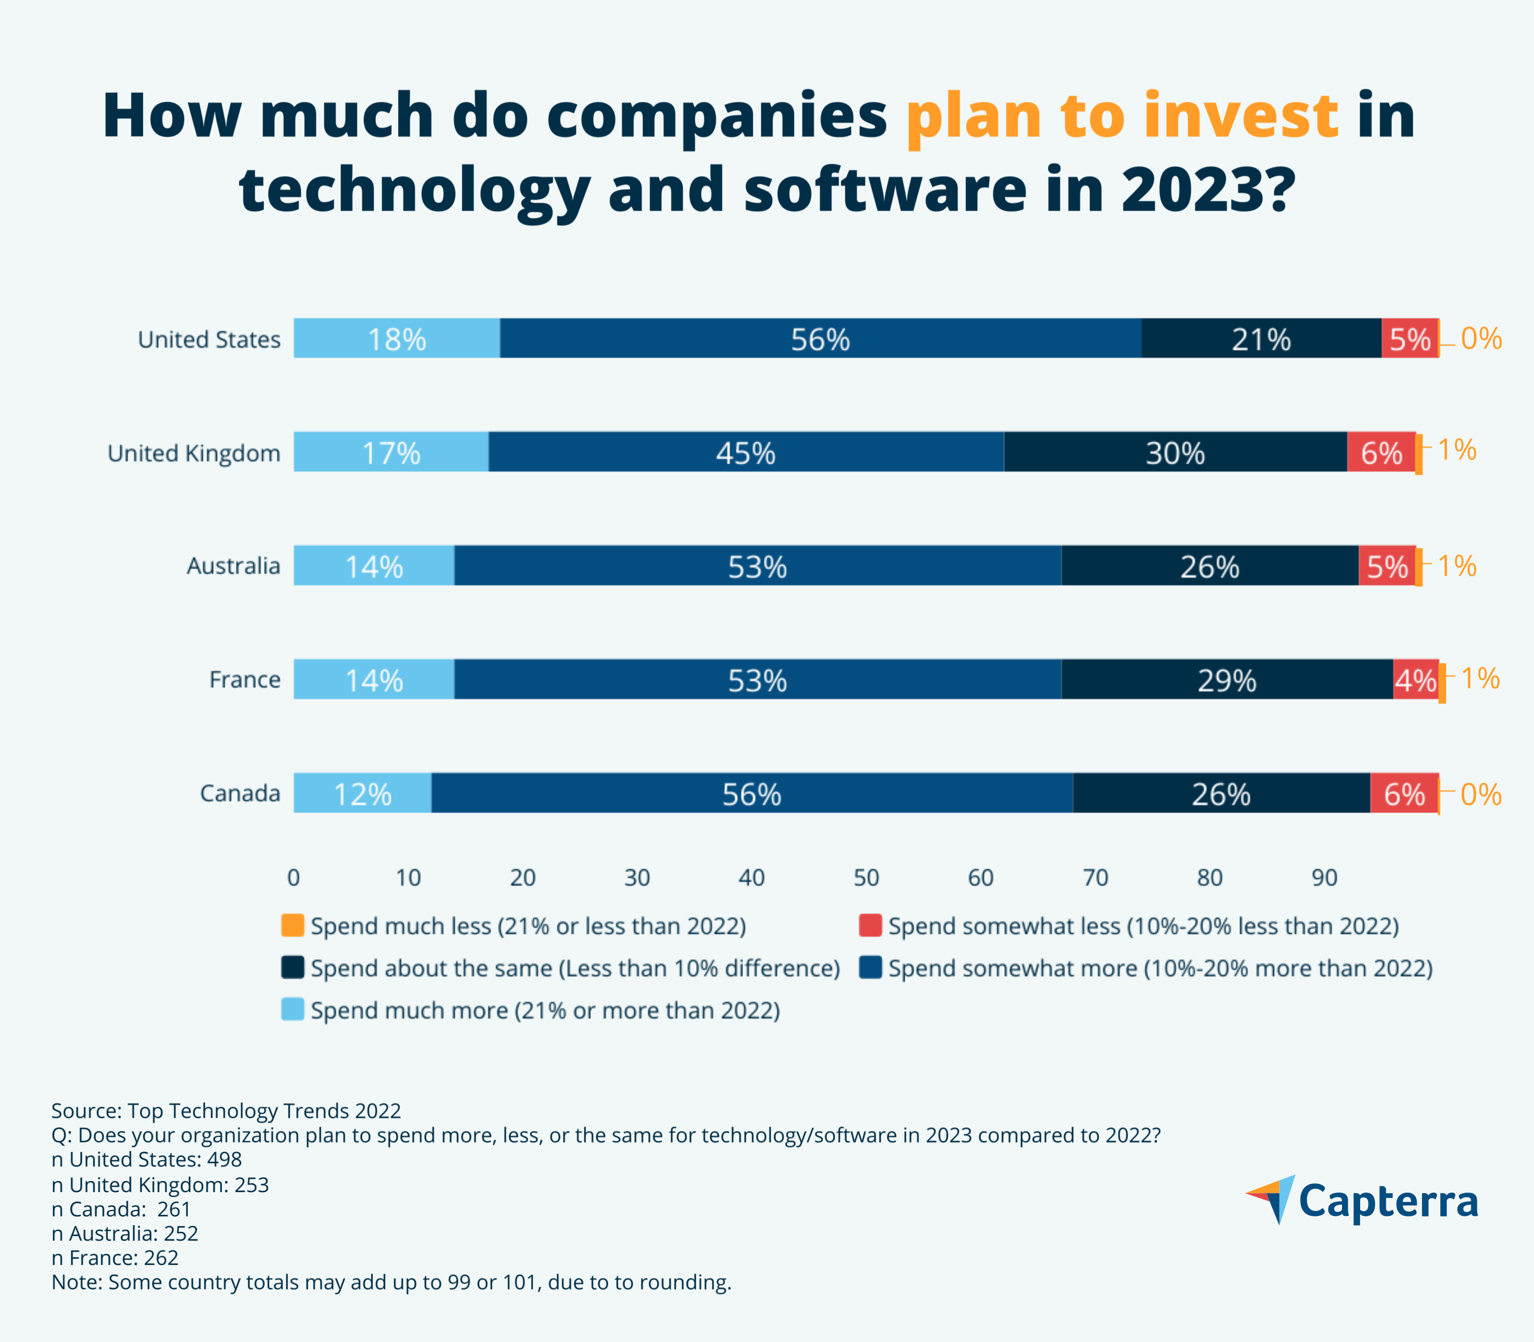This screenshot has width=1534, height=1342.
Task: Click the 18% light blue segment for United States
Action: click(396, 339)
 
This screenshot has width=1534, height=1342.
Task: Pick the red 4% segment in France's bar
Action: click(1415, 680)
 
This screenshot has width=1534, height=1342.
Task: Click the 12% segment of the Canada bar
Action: click(363, 793)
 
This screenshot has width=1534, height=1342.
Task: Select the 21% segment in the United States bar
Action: click(1262, 339)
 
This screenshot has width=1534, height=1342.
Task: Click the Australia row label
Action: click(233, 566)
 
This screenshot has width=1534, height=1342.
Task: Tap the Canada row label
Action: click(240, 793)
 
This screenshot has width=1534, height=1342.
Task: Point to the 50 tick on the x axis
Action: click(866, 878)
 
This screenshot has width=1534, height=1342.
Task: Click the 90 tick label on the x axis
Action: click(1324, 878)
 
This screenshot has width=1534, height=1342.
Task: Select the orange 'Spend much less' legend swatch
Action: click(292, 925)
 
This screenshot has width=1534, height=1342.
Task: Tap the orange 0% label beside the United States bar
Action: click(1481, 339)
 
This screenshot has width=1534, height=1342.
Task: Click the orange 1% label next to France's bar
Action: click(1480, 678)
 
